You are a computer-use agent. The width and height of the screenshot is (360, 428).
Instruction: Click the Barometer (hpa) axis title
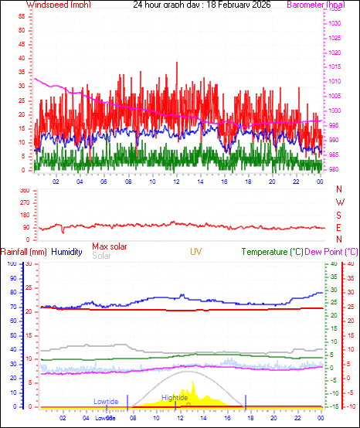point(315,5)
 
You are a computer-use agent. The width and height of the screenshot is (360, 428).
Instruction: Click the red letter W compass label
point(339,202)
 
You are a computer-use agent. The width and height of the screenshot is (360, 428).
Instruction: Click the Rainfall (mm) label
point(24,252)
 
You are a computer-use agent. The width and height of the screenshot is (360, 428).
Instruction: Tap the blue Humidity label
point(66,252)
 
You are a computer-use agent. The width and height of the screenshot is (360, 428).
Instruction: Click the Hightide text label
point(174,399)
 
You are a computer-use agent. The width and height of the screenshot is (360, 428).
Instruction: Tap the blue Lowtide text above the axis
point(106,402)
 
